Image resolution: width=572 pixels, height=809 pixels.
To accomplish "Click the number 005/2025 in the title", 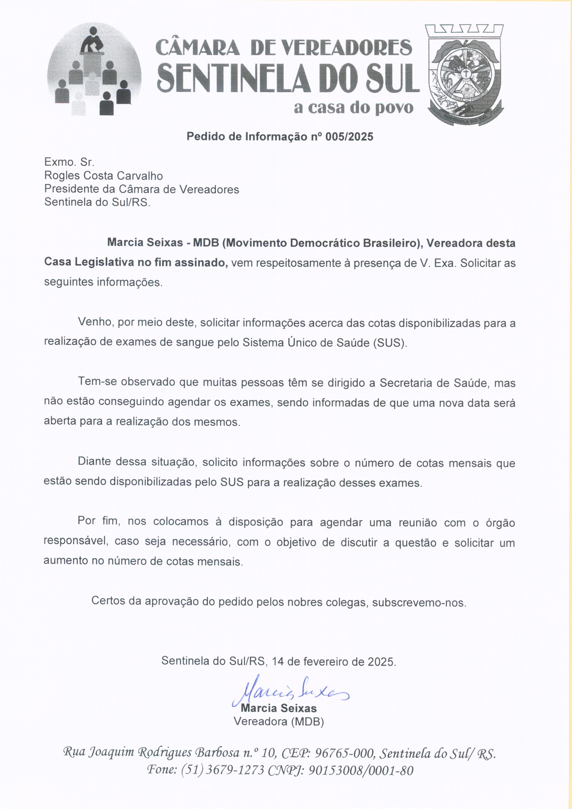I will point(349,137).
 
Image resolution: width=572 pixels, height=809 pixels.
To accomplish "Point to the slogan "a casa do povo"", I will point(353,108).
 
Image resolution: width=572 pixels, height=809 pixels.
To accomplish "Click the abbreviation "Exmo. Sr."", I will point(69,162).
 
